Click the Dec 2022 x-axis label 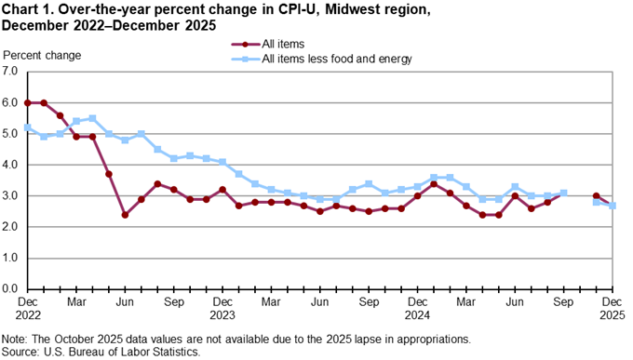tap(27, 309)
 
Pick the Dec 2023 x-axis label tap(222, 309)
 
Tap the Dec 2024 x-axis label tap(417, 309)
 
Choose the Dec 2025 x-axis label tap(612, 309)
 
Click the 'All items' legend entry tap(284, 44)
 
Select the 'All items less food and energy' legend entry tap(337, 59)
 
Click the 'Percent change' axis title tap(42, 55)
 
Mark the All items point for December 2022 tap(27, 102)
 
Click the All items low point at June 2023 tap(125, 215)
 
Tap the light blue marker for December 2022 tap(27, 127)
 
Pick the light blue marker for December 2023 tap(222, 162)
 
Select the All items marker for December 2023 tap(222, 190)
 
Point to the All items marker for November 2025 tap(596, 196)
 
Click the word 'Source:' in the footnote tap(23, 353)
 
